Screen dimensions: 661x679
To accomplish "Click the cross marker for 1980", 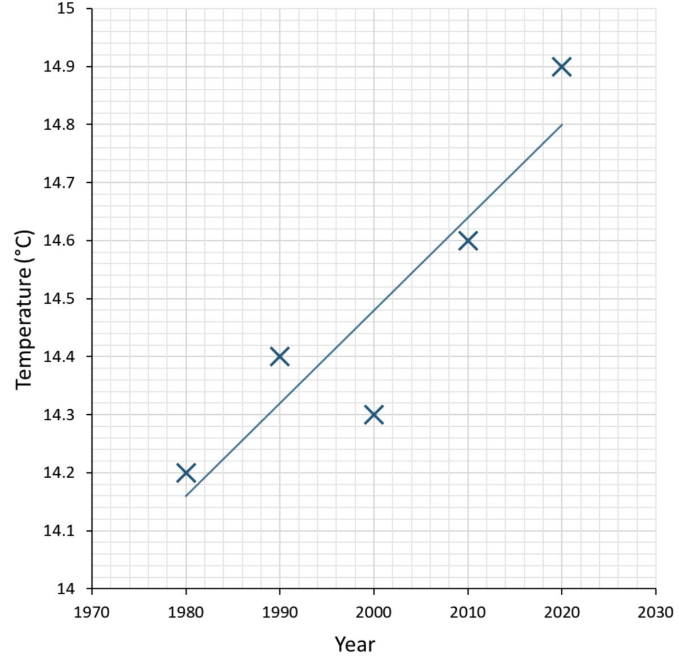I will point(186,473).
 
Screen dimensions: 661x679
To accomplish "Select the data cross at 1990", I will point(280,357).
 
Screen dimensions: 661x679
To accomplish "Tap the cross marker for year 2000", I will point(373,415).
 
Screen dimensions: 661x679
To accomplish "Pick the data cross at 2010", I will point(467,241).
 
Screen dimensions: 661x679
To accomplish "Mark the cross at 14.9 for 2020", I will point(561,67).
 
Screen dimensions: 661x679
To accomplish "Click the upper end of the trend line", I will point(562,125).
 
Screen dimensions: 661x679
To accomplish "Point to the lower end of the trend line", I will point(186,496).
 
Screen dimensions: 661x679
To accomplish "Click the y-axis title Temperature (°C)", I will point(24,309).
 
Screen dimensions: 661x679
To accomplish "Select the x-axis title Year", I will point(355,644).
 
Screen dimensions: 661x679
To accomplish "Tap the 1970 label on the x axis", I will point(92,612).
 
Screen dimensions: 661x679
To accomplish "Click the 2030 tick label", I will point(655,612).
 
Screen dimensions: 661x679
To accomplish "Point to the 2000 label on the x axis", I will point(373,612).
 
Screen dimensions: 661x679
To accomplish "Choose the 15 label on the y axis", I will point(67,8).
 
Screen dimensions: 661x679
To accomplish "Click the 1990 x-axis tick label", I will point(280,612).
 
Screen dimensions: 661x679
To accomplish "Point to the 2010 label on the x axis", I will point(467,612).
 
